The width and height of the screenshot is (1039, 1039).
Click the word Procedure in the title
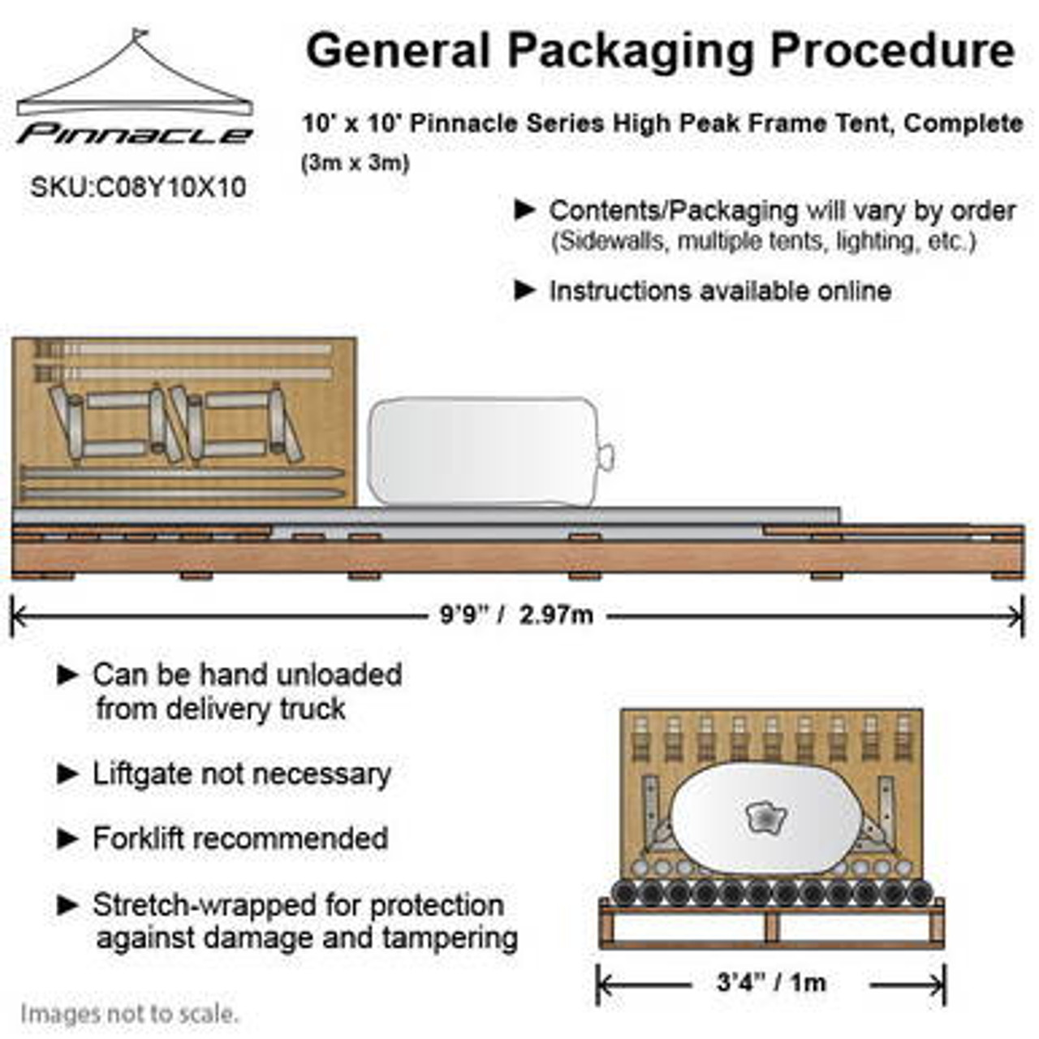892,50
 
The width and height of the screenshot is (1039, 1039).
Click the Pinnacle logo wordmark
135,135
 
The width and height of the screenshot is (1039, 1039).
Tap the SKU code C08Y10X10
138,188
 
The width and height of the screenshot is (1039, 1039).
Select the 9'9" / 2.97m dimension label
516,615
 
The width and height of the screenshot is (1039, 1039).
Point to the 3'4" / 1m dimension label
771,983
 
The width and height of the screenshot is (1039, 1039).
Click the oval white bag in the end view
763,820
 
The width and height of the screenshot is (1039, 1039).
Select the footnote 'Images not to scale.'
130,1014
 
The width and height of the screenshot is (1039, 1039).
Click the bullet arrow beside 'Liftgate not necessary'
67,774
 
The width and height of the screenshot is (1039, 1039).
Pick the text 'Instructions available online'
720,291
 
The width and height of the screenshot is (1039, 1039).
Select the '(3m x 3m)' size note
356,162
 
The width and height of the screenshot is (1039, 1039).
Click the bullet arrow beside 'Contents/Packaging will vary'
525,210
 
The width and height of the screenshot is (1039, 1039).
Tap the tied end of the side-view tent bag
605,455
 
